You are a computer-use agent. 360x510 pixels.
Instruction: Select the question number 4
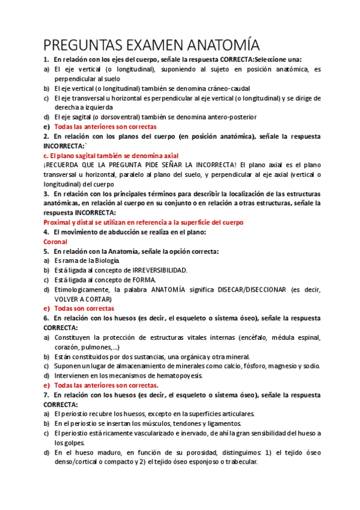46,232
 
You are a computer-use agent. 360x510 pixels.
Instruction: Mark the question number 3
46,194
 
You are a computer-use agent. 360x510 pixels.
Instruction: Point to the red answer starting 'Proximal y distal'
135,223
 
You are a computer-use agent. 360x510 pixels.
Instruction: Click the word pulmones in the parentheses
93,347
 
